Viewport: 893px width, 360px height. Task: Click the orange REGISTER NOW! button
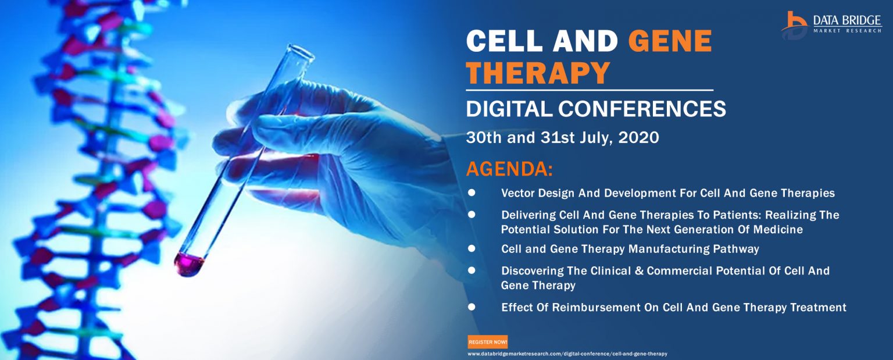pyautogui.click(x=488, y=342)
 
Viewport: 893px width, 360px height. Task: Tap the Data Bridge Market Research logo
pyautogui.click(x=831, y=25)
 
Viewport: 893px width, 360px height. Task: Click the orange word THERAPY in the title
pyautogui.click(x=538, y=73)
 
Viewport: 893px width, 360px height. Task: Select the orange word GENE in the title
pyautogui.click(x=670, y=41)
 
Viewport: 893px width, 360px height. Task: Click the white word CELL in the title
pyautogui.click(x=504, y=41)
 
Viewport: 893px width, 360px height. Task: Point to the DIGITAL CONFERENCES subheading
pyautogui.click(x=596, y=109)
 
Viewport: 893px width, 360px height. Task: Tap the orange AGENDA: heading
pyautogui.click(x=509, y=169)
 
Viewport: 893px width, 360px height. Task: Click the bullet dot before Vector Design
pyautogui.click(x=471, y=193)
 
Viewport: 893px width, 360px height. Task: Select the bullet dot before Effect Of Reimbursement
pyautogui.click(x=471, y=307)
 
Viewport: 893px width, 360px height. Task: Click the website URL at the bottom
pyautogui.click(x=567, y=354)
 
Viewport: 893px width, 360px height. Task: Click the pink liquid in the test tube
pyautogui.click(x=188, y=264)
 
